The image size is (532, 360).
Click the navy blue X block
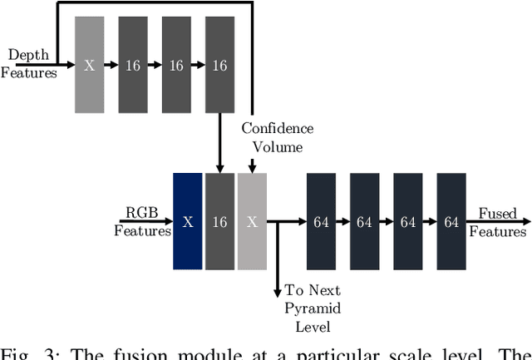coord(188,221)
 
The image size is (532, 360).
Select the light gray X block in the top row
coord(89,66)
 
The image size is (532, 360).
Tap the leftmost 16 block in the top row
coord(132,66)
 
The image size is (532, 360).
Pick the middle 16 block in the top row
coord(175,66)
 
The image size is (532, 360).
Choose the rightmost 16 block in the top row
coord(219,66)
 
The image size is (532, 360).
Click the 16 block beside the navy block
coord(219,221)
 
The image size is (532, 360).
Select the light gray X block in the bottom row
coord(252,221)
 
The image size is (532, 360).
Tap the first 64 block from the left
coord(321,221)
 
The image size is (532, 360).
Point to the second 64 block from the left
coord(364,221)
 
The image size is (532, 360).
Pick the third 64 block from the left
coord(407,221)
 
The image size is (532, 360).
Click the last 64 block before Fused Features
coord(451,221)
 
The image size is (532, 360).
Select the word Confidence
coord(278,129)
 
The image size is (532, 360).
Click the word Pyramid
coord(313,308)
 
